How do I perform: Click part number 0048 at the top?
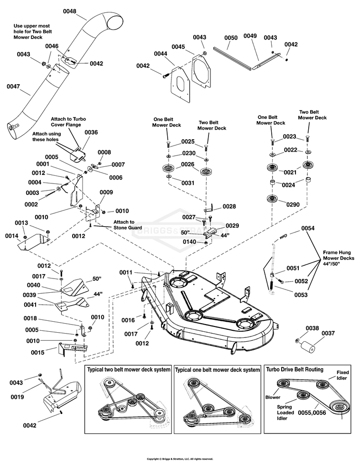[69, 11]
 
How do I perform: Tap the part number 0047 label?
[13, 86]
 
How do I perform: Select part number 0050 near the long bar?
[231, 38]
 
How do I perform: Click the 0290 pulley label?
[293, 205]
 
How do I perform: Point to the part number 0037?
[328, 333]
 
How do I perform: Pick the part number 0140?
[189, 242]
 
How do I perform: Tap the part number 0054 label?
[308, 228]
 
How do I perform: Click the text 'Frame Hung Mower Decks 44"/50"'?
[339, 258]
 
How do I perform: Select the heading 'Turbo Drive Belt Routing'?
[294, 370]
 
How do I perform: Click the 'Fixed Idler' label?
[342, 375]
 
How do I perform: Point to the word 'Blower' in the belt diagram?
[273, 397]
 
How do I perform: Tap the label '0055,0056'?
[312, 413]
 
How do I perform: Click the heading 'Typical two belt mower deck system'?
[129, 370]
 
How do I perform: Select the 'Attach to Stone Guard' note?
[128, 225]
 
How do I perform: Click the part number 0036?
[91, 132]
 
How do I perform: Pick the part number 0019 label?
[18, 397]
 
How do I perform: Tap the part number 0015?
[38, 353]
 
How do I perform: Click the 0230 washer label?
[189, 153]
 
